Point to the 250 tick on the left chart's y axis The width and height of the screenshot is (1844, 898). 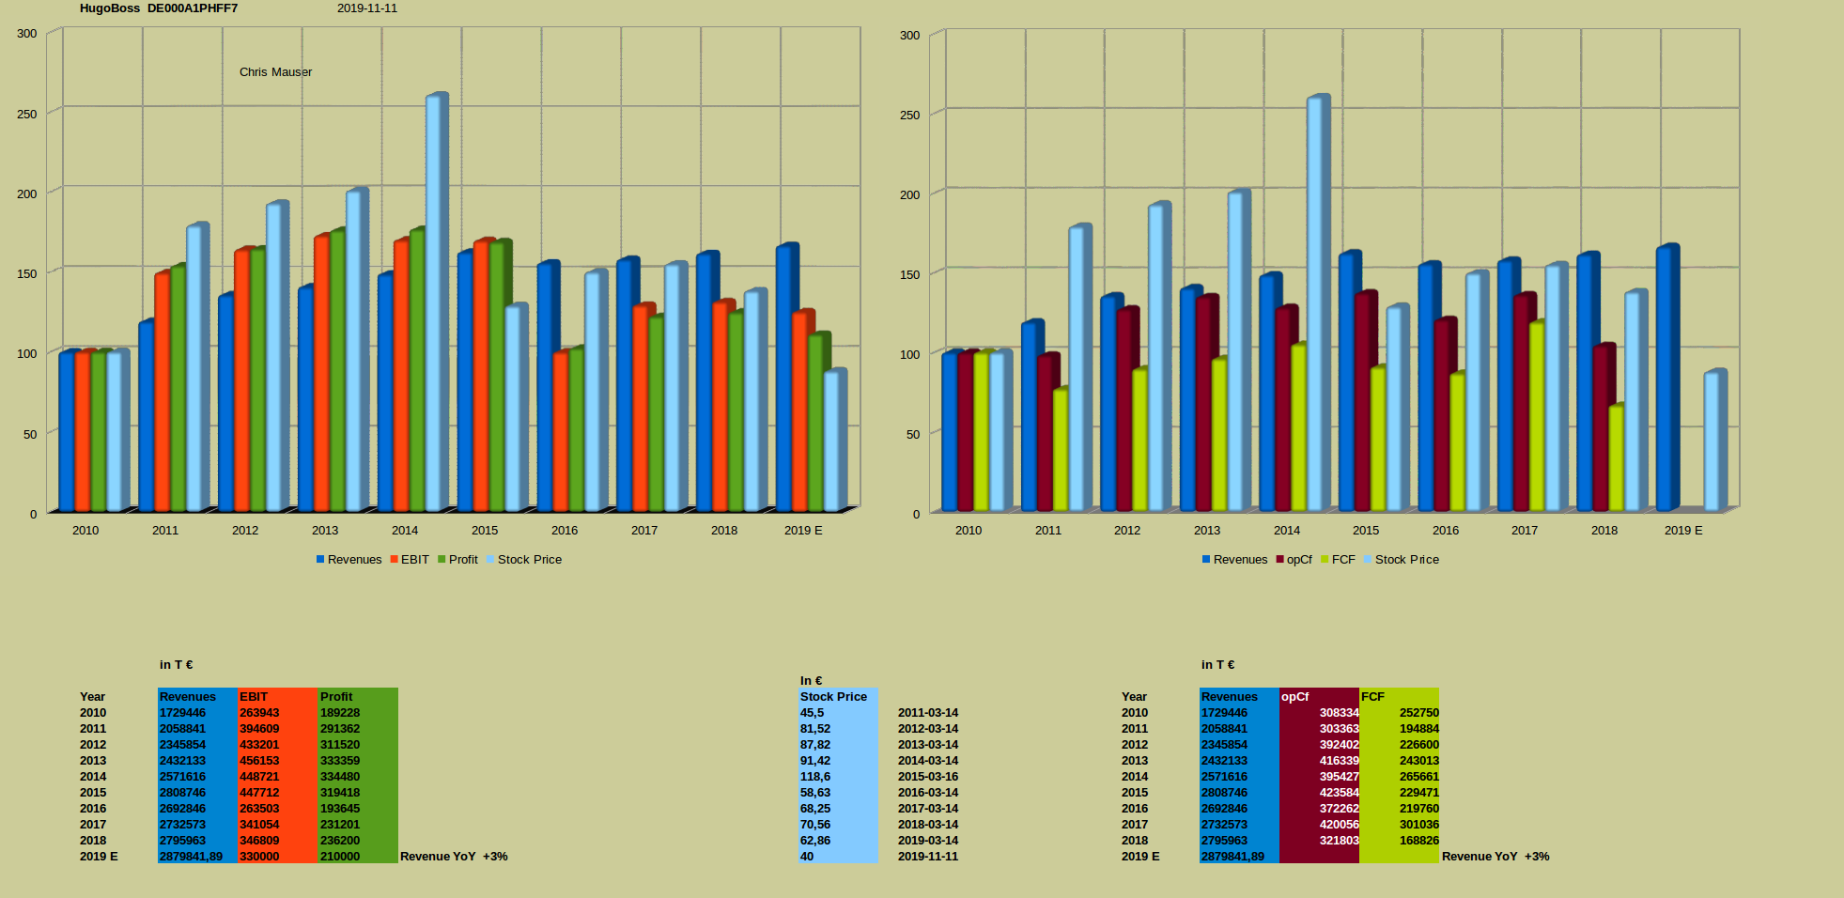click(x=27, y=114)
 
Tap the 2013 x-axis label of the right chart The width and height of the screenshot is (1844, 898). click(x=1207, y=531)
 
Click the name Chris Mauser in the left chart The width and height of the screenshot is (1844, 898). click(x=275, y=72)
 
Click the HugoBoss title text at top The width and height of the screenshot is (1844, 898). click(x=110, y=8)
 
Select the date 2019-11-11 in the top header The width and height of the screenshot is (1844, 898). click(x=367, y=8)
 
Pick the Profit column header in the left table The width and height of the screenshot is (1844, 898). click(x=336, y=697)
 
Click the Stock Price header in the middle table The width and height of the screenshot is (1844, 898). click(x=833, y=697)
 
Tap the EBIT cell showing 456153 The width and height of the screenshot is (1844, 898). click(x=259, y=761)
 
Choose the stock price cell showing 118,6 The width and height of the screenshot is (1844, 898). click(x=815, y=777)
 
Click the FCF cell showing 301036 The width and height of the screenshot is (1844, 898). click(x=1418, y=825)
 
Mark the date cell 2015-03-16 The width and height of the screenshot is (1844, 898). click(x=928, y=777)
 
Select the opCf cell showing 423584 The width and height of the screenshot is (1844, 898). click(x=1339, y=793)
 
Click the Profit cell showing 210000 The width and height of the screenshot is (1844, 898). click(x=340, y=857)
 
